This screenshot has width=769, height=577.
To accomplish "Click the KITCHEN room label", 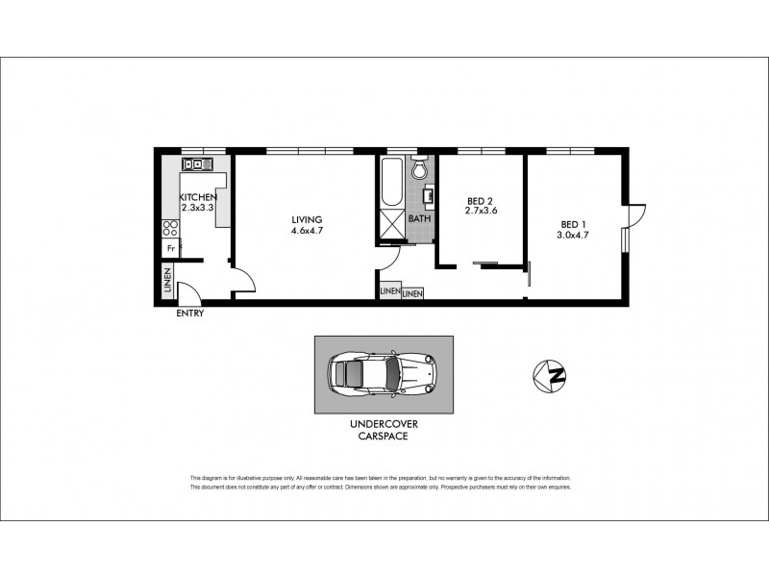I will click(199, 199).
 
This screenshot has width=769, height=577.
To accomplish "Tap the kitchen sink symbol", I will click(197, 164).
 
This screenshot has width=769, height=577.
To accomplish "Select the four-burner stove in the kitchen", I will click(170, 229).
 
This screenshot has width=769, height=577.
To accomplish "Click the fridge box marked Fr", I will click(170, 248).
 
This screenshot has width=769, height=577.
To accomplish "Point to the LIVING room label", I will click(307, 219).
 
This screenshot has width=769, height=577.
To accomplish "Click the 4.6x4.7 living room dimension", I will click(307, 230).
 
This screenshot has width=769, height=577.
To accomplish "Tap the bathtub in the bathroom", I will click(391, 182).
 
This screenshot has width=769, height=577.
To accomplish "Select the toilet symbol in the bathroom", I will click(418, 170).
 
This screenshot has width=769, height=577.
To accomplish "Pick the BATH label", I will click(419, 218).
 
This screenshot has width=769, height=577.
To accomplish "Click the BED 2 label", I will click(480, 201).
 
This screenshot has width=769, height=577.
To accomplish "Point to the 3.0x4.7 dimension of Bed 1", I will click(574, 235).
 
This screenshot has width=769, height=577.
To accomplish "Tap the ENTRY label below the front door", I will click(189, 314).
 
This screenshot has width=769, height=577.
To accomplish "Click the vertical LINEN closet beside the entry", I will click(166, 283).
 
